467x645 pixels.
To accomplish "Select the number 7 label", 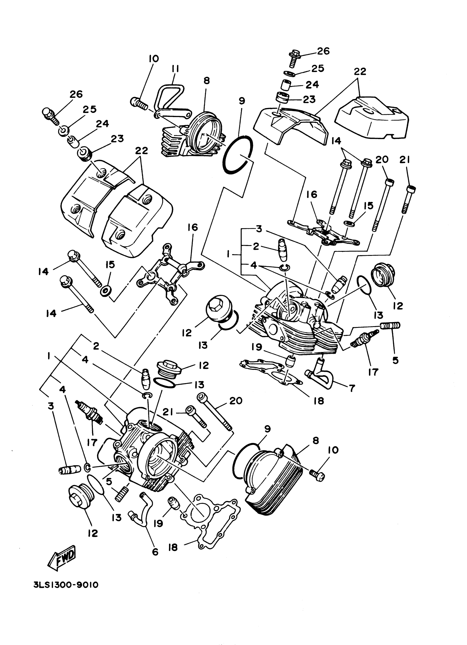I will (x=352, y=388).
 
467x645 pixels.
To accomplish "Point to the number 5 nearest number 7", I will (x=395, y=360).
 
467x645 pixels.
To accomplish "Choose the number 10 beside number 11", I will (x=154, y=59).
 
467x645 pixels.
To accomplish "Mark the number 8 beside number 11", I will (x=207, y=81).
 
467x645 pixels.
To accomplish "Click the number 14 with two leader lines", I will (x=336, y=141).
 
